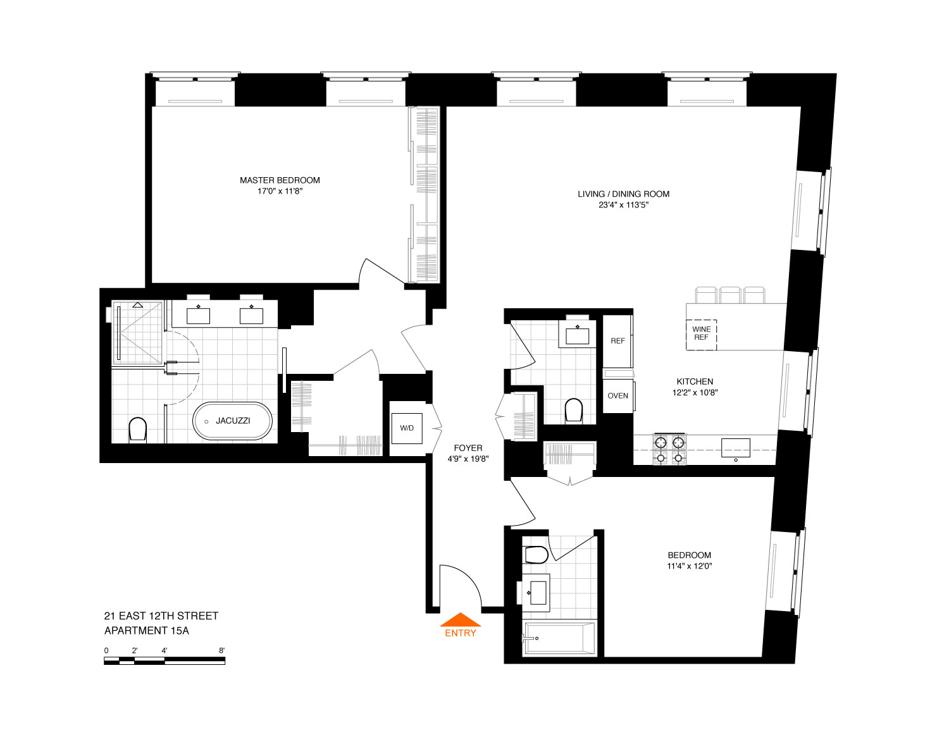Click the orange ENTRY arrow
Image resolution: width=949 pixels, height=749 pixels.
pos(460,619)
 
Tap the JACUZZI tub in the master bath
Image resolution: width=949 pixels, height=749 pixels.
pos(232,421)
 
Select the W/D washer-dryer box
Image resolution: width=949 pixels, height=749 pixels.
pos(407,428)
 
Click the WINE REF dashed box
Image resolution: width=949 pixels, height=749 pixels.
pos(701,335)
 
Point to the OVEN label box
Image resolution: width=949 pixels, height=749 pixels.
pos(618,395)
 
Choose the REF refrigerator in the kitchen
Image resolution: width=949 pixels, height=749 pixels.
pos(617,341)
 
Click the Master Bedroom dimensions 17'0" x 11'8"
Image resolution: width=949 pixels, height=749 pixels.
pos(280,191)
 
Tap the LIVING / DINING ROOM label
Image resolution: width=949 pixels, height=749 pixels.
pos(624,194)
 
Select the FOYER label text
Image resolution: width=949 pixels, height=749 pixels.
pos(468,448)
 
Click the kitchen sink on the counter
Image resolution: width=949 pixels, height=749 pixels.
pos(736,448)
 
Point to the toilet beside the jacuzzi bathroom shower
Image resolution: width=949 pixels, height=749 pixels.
pos(137,429)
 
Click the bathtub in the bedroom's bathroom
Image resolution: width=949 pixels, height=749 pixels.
pos(559,638)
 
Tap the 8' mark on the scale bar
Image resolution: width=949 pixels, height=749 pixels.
pos(222,650)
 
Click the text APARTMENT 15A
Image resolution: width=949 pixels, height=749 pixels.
pos(146,631)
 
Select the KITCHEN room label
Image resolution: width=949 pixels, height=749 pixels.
pos(695,381)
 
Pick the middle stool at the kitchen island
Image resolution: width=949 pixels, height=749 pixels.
pos(730,295)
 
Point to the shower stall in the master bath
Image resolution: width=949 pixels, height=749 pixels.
pos(137,333)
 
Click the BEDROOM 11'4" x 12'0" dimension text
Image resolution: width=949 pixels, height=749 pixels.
pos(690,566)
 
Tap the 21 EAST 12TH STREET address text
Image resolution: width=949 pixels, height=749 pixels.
pos(161,616)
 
